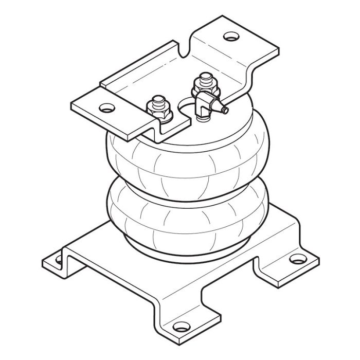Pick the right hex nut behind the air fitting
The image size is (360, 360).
[202, 92]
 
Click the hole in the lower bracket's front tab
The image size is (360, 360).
[179, 325]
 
